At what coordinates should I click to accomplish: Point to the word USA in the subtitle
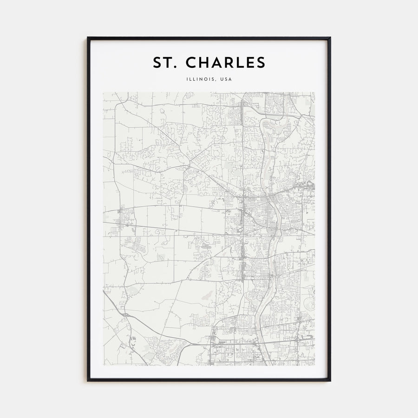tap(226, 79)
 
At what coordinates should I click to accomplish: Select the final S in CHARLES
tap(261, 63)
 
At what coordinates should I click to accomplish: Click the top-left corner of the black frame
tap(88, 38)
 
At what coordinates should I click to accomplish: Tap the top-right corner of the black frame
tap(330, 38)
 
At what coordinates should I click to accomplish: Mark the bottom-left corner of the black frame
tap(88, 380)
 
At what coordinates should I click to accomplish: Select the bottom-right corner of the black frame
tap(330, 380)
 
